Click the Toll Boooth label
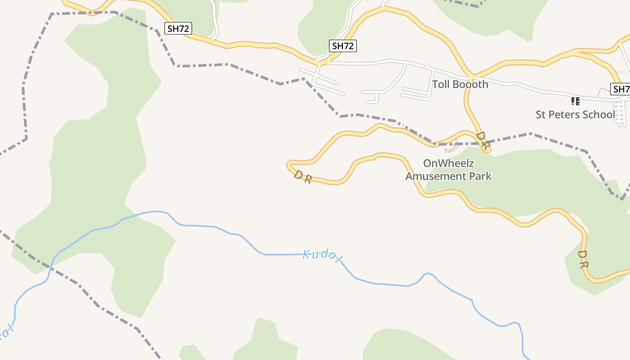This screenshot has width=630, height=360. [460, 84]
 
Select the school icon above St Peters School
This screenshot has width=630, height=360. [575, 101]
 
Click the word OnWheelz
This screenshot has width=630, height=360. [449, 163]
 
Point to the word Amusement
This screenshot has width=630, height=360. [436, 176]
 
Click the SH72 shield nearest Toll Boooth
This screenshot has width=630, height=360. [343, 45]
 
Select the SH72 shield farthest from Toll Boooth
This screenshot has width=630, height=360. [179, 29]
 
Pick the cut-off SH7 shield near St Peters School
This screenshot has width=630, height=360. [621, 89]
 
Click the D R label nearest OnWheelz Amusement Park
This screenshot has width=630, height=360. [482, 141]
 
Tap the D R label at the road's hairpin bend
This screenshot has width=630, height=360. [303, 177]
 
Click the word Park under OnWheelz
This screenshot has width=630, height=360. [481, 176]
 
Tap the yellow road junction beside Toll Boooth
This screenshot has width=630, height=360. [470, 76]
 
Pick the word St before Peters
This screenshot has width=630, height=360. [541, 114]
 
